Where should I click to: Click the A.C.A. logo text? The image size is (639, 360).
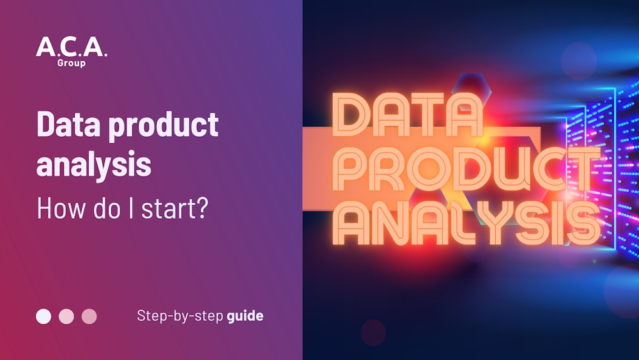point(72,47)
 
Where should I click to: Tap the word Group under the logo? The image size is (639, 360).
point(72,63)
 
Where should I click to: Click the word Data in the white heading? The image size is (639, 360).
point(68,124)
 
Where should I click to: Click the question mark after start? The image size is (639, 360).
point(201,208)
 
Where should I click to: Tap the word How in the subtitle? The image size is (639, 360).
point(55,208)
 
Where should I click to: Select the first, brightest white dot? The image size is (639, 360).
point(43,317)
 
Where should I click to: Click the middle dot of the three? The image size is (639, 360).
point(66,317)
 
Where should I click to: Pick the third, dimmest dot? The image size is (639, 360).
point(89,317)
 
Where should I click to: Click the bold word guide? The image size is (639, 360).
point(245,316)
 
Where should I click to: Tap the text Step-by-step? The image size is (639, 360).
point(180,316)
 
